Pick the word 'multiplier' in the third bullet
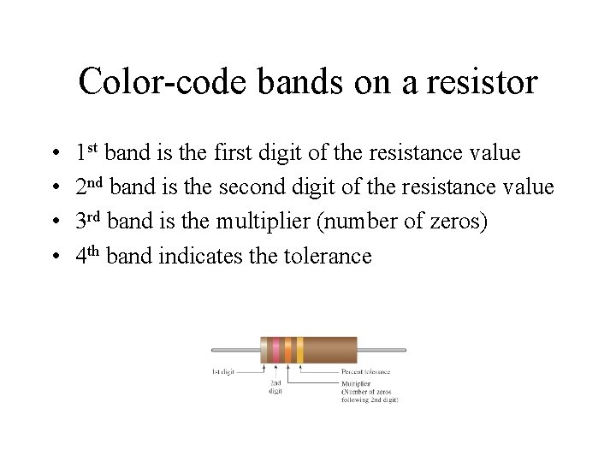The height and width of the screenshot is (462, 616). pos(266,222)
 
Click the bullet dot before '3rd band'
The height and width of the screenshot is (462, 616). pos(55,222)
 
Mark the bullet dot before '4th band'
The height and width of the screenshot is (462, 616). pos(55,256)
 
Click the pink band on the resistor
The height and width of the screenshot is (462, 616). pos(275,350)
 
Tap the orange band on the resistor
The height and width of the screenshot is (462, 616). pos(287,350)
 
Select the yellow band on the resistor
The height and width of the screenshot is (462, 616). pos(299,350)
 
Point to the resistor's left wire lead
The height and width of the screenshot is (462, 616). pos(236,350)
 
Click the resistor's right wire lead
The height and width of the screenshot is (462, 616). pos(382,350)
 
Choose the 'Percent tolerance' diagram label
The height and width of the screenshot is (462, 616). pos(365,372)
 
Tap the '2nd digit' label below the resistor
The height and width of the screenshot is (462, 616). pos(275,388)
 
